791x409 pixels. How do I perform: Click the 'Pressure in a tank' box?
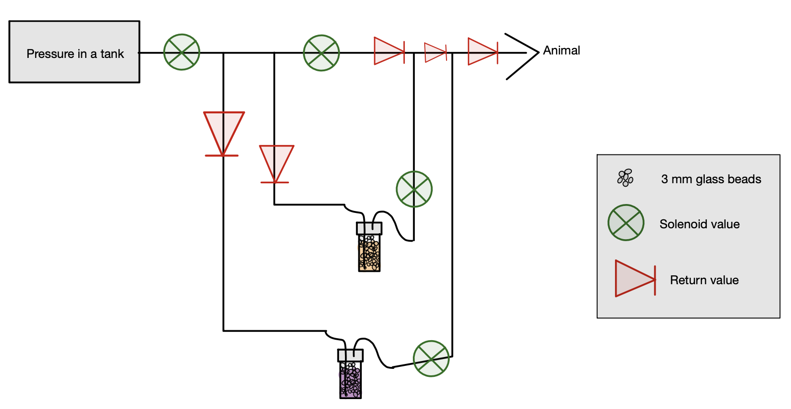click(74, 52)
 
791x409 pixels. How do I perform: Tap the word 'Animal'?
click(562, 51)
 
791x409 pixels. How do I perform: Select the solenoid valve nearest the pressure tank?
click(182, 52)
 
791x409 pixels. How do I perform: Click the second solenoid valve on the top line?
click(322, 53)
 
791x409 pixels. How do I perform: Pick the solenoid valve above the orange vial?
click(414, 189)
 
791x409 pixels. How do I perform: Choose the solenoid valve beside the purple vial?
click(431, 358)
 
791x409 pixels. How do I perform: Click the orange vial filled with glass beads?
click(369, 253)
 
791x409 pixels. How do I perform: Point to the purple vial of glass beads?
click(350, 380)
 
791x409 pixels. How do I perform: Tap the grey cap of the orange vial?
click(369, 228)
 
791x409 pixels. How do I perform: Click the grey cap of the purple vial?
click(350, 356)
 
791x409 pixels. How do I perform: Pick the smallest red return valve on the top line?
click(436, 52)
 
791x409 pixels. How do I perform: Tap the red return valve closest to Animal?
click(482, 51)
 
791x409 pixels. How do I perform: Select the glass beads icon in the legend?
click(625, 178)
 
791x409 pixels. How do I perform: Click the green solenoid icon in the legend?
click(626, 223)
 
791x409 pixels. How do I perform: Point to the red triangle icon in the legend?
click(635, 279)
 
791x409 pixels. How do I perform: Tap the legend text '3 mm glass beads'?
click(711, 179)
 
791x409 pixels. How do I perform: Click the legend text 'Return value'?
click(704, 280)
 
